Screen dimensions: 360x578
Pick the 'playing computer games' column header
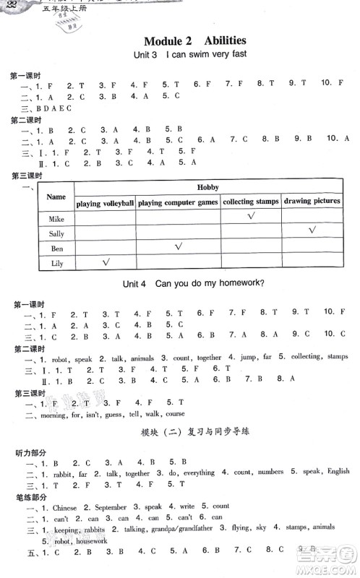click(x=178, y=203)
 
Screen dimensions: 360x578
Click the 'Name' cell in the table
click(x=56, y=197)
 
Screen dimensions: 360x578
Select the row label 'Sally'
click(x=56, y=233)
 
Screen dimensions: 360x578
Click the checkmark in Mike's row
click(x=251, y=216)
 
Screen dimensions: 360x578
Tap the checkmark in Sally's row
click(x=312, y=230)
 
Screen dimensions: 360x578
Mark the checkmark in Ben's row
click(x=178, y=246)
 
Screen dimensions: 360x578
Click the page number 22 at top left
click(x=9, y=5)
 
